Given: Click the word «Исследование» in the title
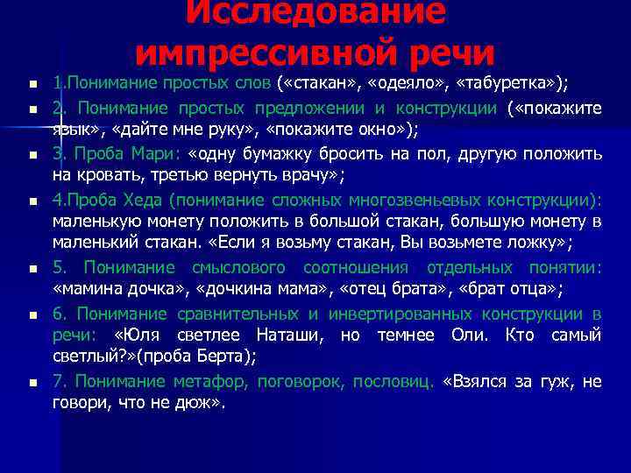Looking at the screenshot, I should coord(315,12).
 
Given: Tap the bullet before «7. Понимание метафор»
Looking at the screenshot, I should coord(31,384).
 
